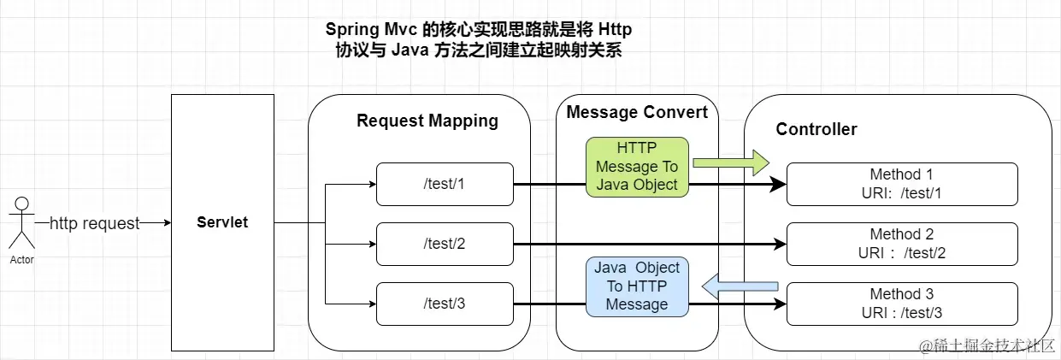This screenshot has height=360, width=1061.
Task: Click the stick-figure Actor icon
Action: click(21, 222)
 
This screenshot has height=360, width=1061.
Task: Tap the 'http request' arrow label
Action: click(94, 223)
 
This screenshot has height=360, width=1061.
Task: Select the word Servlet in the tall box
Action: click(222, 222)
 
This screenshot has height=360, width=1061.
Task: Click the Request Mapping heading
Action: click(427, 121)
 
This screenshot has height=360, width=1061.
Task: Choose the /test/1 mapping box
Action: click(445, 184)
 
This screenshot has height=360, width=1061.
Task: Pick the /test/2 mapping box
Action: click(445, 244)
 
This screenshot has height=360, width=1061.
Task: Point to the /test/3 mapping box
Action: click(445, 304)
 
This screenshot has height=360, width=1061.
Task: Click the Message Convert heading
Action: click(637, 112)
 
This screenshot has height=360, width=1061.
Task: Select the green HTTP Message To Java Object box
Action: click(637, 167)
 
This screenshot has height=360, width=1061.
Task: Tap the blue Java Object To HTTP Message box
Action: click(637, 286)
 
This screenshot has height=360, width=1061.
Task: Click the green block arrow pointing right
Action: click(731, 163)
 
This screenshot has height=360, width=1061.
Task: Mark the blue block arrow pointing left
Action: click(740, 286)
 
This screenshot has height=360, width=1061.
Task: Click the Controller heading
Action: click(816, 129)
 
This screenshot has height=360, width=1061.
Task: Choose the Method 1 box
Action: click(902, 184)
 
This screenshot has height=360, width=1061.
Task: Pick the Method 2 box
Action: click(902, 244)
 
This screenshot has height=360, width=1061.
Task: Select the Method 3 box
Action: click(902, 304)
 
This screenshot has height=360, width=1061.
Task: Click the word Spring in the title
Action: click(352, 30)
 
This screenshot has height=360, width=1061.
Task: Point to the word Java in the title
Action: click(410, 50)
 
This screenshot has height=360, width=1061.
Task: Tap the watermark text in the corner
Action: click(987, 345)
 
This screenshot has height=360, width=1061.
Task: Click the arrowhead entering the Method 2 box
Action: click(780, 244)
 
